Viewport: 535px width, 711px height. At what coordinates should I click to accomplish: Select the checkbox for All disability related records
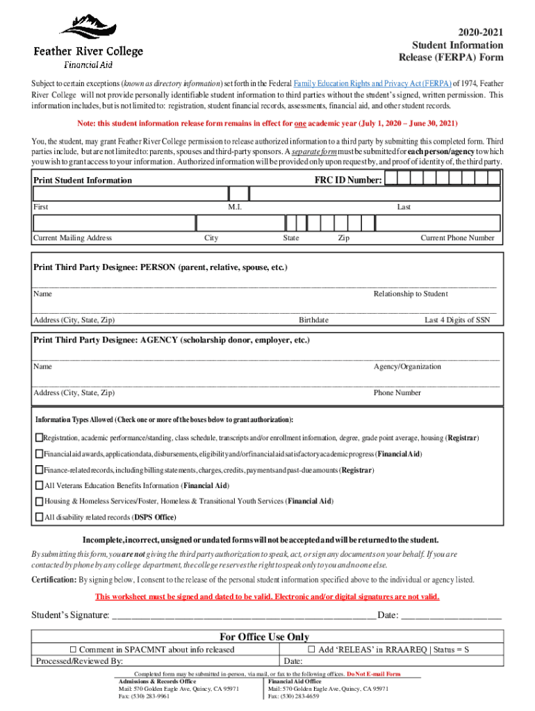click(40, 517)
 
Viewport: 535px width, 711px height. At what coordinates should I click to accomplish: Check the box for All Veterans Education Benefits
click(40, 485)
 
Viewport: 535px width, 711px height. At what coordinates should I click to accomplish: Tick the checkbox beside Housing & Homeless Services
click(40, 501)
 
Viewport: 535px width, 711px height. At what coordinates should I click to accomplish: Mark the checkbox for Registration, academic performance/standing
click(40, 438)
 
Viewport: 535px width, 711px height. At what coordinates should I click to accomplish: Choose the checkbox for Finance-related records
click(40, 470)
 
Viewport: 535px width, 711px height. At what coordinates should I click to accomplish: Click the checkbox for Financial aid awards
click(40, 454)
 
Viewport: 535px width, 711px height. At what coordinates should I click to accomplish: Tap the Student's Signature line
click(243, 615)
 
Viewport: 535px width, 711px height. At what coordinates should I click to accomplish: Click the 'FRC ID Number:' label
click(347, 181)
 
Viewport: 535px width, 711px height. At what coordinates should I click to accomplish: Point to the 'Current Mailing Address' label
click(72, 238)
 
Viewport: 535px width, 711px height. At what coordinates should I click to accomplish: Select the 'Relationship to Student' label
click(411, 294)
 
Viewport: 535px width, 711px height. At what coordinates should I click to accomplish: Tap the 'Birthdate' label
click(313, 320)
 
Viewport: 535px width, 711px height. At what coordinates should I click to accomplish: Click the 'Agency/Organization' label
click(407, 367)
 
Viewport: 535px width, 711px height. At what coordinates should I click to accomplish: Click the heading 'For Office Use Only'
click(264, 637)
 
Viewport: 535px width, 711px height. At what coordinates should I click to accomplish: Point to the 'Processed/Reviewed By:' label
click(79, 661)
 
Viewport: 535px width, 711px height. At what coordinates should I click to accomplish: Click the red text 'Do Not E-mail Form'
click(374, 674)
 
